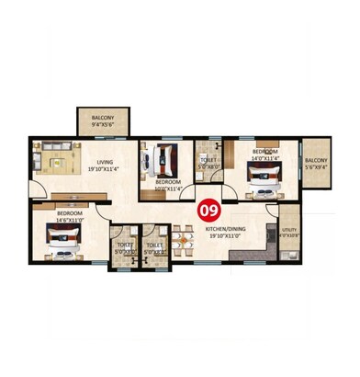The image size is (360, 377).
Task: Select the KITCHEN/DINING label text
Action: click(227, 227)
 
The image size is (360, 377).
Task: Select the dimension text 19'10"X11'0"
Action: click(227, 235)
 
